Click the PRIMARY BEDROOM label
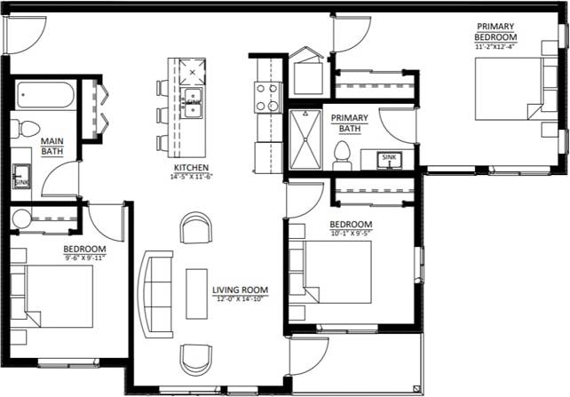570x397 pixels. (495, 32)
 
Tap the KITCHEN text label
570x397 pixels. (191, 168)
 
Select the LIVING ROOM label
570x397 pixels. (240, 290)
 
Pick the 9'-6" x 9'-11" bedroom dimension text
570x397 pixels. (84, 258)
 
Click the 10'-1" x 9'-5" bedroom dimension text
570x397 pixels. (350, 234)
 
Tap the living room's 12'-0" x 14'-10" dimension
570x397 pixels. (240, 299)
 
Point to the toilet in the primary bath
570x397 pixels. (341, 155)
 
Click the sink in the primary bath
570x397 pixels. (389, 160)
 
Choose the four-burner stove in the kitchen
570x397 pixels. (268, 97)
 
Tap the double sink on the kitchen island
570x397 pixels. (193, 100)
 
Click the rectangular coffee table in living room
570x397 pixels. (196, 293)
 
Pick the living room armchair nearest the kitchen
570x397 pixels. (196, 227)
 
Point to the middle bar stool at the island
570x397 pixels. (162, 115)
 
